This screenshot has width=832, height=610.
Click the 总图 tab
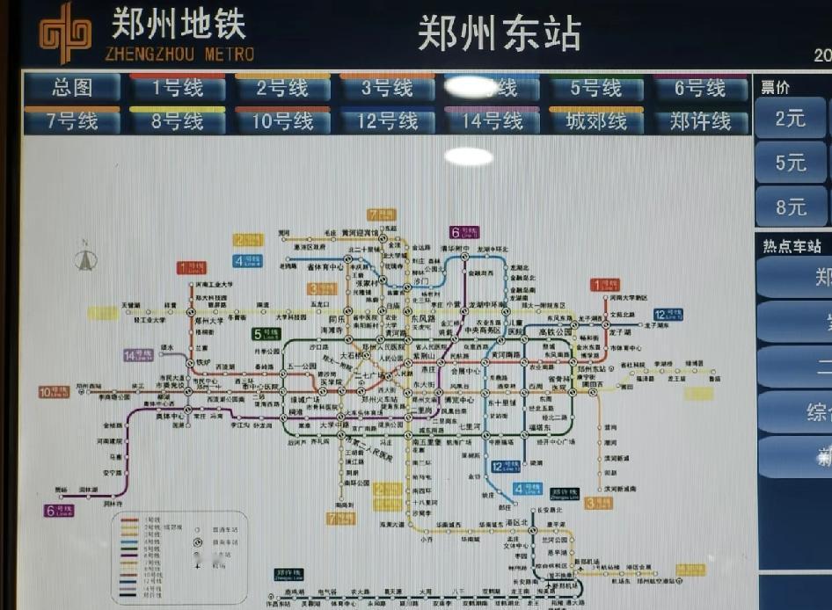coord(71,88)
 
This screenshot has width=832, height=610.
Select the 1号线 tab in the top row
coord(177,88)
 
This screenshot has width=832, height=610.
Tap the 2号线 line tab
coord(281,88)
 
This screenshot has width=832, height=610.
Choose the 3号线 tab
coord(386,88)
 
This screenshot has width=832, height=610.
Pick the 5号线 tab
coord(595,88)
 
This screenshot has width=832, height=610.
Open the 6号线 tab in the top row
coord(699,88)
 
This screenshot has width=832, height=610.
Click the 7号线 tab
coord(71,120)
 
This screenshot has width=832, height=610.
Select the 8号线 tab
coord(177,120)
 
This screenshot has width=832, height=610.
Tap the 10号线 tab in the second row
coord(281,120)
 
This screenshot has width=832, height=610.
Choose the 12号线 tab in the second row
coord(386,120)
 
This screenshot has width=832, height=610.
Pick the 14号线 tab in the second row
coord(491,120)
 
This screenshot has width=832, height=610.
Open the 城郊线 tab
coord(595,120)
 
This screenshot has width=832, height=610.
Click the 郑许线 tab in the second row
coord(699,120)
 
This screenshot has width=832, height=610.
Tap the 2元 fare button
coord(790,118)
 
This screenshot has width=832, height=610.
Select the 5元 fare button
coord(790,163)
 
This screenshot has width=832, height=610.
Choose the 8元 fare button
coord(790,207)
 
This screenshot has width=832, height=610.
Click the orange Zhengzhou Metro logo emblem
coord(65,33)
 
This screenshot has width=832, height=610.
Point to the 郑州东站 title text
coord(498,33)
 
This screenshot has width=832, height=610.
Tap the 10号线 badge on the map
coord(54,392)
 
